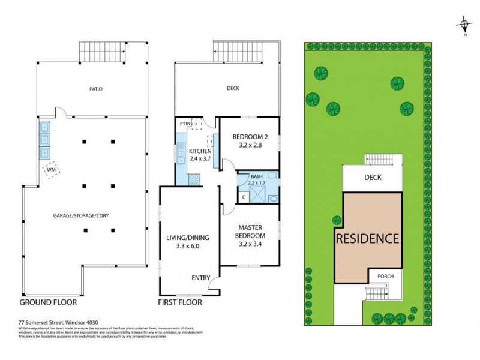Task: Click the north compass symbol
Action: [x=464, y=26]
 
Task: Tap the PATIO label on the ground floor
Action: [x=96, y=89]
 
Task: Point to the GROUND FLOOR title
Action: [x=50, y=302]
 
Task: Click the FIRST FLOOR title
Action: [x=180, y=302]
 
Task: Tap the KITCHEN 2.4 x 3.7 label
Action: [x=200, y=155]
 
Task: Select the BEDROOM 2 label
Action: [x=250, y=141]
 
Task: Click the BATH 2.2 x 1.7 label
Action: [x=257, y=179]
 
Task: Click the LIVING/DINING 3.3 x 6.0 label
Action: [x=190, y=241]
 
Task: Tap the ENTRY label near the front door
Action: [x=200, y=278]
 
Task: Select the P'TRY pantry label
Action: [x=185, y=124]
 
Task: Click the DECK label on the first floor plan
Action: [x=233, y=89]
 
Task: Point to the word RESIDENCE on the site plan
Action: [x=367, y=238]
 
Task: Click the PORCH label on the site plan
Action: [x=385, y=276]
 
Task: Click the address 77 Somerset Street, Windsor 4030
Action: [x=56, y=322]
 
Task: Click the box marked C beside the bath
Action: [x=244, y=196]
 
